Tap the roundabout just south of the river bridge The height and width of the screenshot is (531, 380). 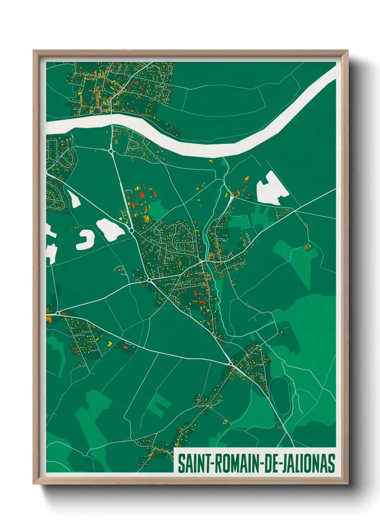pos(111,151)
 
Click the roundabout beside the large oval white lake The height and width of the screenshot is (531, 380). pos(131,230)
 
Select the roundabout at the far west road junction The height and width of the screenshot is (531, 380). pos(57,313)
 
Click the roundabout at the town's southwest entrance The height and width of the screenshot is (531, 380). pos(149,280)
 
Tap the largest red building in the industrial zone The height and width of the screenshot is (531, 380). pos(142,195)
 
